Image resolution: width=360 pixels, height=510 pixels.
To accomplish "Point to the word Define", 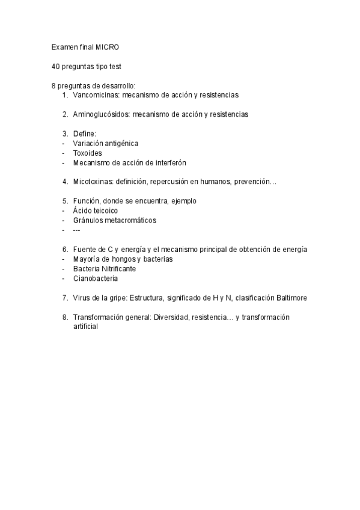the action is [85, 133].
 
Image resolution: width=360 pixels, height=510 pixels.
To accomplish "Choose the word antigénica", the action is [120, 143].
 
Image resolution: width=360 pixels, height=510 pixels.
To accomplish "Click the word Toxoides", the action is [87, 153].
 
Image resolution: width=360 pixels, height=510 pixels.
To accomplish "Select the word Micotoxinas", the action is [93, 182].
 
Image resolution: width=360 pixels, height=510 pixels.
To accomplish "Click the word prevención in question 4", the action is [255, 182].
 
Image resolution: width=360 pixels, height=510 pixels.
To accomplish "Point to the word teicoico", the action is [105, 210].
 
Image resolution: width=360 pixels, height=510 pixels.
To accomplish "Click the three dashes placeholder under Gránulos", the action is [76, 230].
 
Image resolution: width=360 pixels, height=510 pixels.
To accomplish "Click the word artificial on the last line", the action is [85, 327].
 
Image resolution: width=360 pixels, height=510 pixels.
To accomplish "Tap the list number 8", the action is [64, 317].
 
